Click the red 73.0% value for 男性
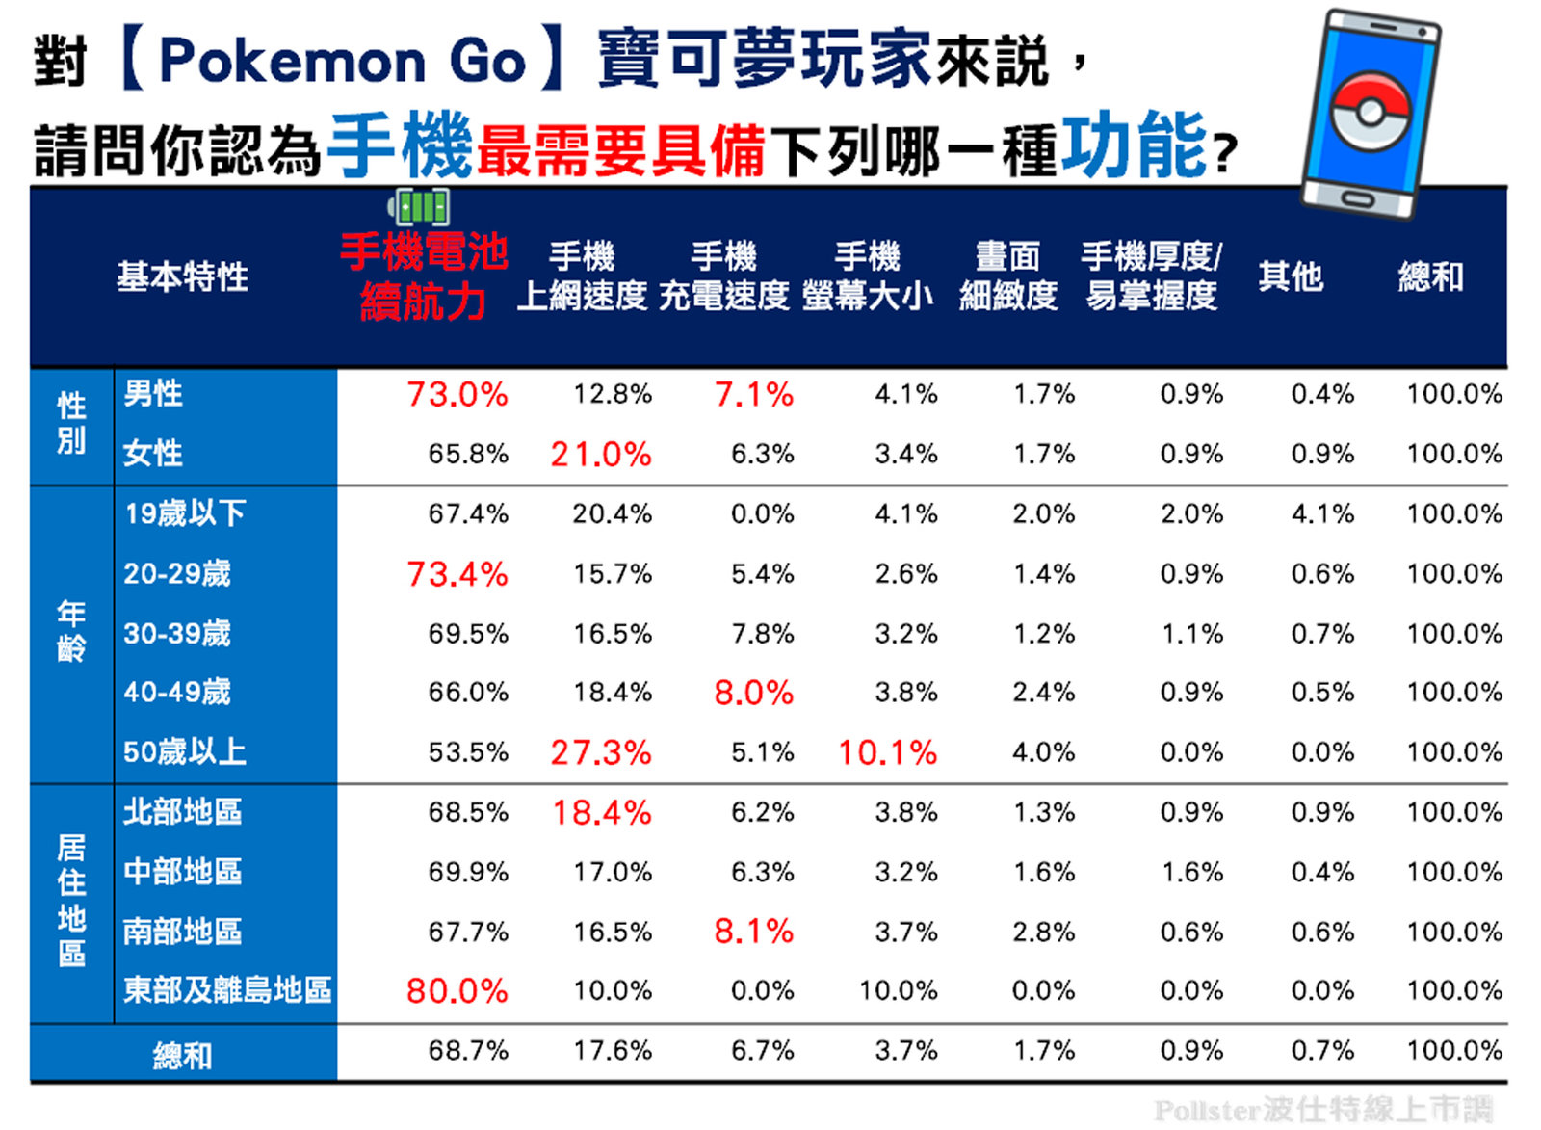[457, 394]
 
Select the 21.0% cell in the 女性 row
[601, 454]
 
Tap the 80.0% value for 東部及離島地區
[457, 990]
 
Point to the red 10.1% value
[887, 752]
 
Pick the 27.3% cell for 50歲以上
[601, 752]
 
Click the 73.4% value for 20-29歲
[457, 574]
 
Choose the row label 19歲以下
[184, 513]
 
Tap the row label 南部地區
[182, 932]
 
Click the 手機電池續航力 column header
[423, 276]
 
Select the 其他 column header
[1290, 276]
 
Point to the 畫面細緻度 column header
[1007, 276]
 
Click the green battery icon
[419, 206]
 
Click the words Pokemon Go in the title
[342, 61]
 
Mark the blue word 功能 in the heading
[1134, 145]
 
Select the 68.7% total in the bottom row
[468, 1050]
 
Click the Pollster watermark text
[1322, 1110]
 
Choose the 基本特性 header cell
[182, 276]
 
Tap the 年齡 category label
[71, 631]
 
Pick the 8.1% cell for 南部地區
[753, 932]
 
